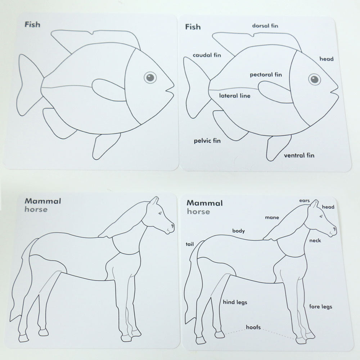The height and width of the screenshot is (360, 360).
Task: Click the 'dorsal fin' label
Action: click(265, 26)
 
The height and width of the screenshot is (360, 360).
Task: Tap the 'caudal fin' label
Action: click(207, 55)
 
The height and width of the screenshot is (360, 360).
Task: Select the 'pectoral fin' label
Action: click(266, 75)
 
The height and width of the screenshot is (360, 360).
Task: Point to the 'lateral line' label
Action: click(234, 96)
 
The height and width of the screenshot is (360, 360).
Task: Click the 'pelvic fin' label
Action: click(207, 140)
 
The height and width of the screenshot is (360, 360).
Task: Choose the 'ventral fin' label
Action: click(299, 156)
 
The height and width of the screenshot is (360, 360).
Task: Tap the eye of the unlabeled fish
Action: click(150, 77)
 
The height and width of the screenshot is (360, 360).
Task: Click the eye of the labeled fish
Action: click(314, 79)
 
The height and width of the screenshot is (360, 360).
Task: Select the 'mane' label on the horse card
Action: click(272, 217)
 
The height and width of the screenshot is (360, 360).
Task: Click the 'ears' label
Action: click(305, 201)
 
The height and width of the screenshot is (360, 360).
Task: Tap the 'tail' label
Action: click(190, 244)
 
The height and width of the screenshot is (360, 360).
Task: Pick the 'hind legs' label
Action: click(235, 302)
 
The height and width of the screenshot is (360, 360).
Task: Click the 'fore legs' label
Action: click(320, 307)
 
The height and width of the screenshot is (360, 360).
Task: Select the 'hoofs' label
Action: click(253, 327)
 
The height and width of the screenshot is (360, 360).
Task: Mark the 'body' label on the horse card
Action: click(238, 231)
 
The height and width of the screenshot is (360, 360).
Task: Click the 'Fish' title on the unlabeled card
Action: click(32, 25)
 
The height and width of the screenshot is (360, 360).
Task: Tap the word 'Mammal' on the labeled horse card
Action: click(204, 203)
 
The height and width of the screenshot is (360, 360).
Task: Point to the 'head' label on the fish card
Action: click(327, 59)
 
